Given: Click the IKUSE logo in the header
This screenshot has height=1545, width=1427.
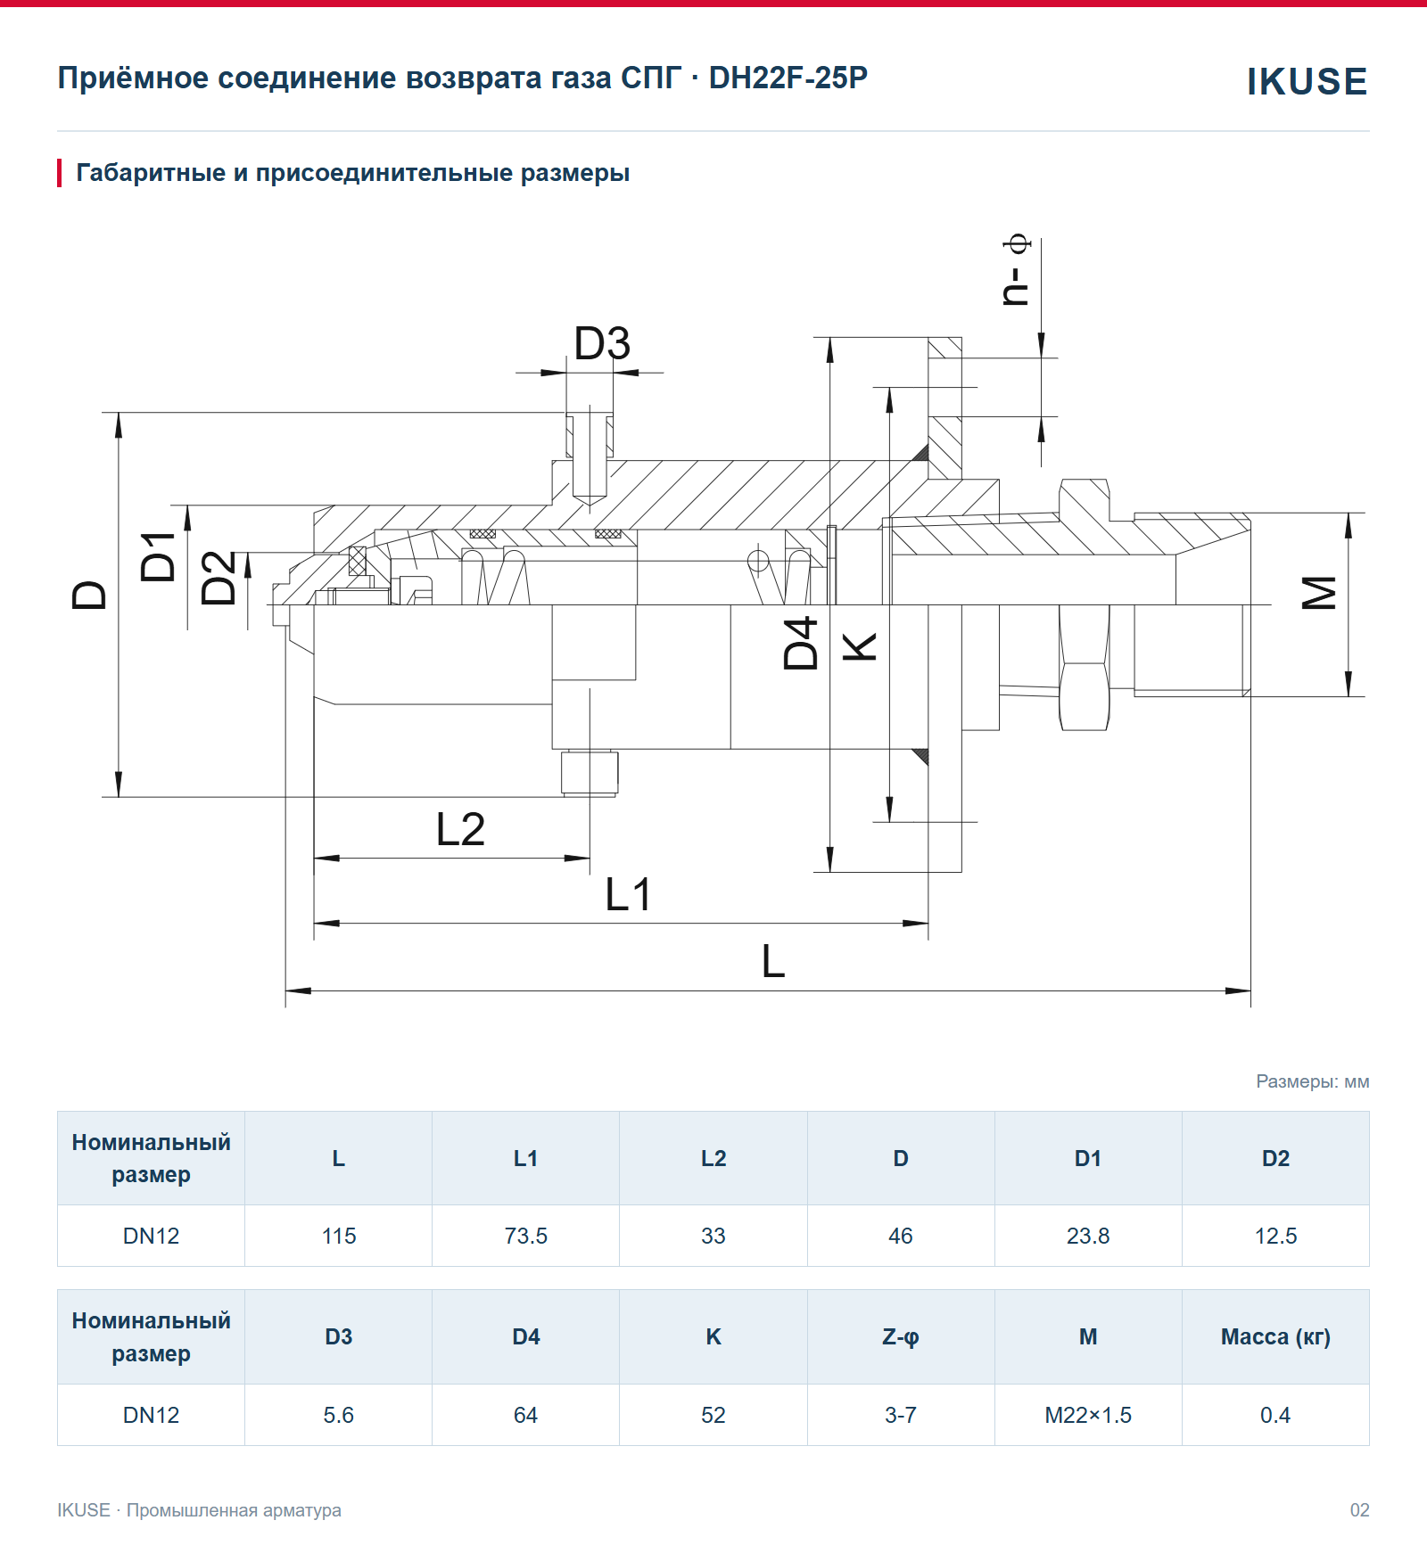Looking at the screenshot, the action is tap(1307, 82).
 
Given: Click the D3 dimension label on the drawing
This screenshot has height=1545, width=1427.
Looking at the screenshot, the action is tap(602, 343).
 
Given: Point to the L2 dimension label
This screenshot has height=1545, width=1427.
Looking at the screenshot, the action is tap(460, 829).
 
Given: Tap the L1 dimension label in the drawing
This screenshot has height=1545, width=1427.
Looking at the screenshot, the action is tap(628, 894).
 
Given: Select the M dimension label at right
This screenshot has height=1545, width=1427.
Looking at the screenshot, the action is tap(1320, 593).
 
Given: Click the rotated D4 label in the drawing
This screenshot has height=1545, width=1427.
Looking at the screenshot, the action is tap(800, 643).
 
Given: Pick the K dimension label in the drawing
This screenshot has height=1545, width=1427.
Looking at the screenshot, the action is tap(861, 646).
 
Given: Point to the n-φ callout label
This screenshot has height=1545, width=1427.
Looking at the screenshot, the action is tap(1016, 271).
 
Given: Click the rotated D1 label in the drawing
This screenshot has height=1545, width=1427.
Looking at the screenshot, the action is tap(159, 556).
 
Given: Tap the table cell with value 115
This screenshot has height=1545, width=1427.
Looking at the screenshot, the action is tap(339, 1236).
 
